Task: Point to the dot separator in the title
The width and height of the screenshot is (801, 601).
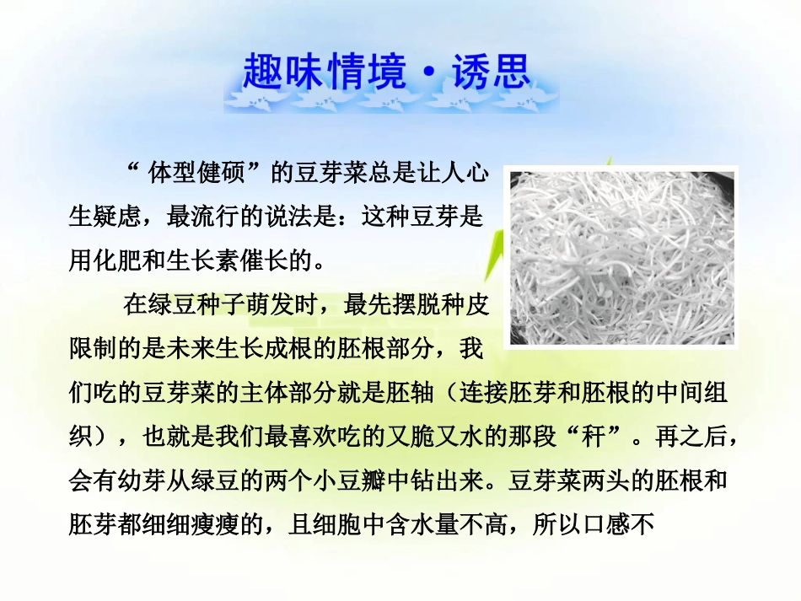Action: click(x=428, y=73)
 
